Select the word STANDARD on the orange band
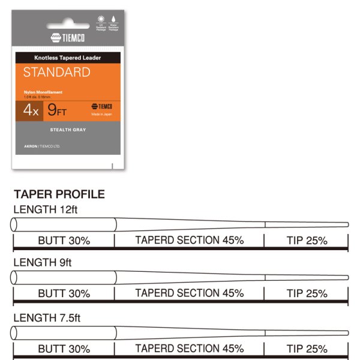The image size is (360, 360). point(56,73)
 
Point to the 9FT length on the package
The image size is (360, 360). point(58,110)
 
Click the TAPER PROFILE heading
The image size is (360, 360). point(59,194)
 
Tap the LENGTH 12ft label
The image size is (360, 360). point(46,209)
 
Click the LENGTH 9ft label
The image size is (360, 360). point(42,262)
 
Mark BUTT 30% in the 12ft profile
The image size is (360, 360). point(64,241)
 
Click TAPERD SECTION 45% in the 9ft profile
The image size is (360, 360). point(189,293)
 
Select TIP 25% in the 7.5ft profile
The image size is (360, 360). point(307,348)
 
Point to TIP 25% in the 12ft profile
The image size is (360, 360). point(307,241)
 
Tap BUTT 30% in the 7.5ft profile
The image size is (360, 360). point(64,348)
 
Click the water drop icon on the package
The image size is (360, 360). point(113,19)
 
